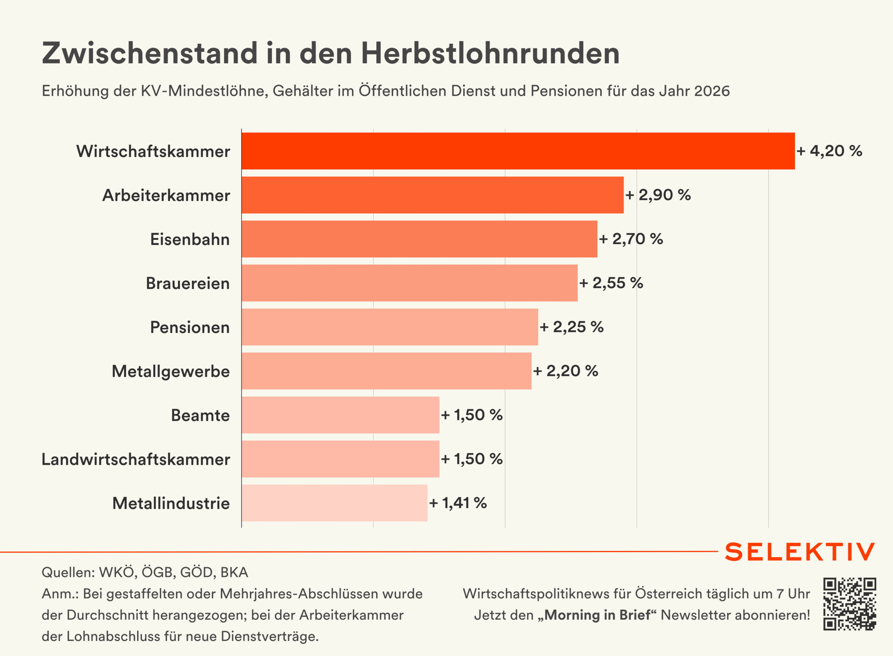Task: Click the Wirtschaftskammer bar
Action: tap(518, 151)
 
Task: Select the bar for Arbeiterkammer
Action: tap(433, 195)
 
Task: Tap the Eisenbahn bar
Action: tap(419, 239)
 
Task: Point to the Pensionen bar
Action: tap(390, 327)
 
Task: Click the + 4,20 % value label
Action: tap(829, 151)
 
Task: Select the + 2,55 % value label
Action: tap(611, 283)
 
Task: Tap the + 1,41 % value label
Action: tap(458, 503)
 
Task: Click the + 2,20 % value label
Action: tap(565, 371)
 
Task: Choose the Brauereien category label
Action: tap(188, 284)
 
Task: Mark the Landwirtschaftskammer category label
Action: tap(136, 459)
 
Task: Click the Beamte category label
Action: tap(200, 415)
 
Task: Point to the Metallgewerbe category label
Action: tap(171, 371)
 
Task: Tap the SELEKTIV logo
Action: tap(800, 552)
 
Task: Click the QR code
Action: tap(849, 604)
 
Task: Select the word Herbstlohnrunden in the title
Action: tap(490, 53)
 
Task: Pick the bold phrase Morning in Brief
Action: tap(597, 615)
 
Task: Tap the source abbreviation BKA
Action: tap(234, 572)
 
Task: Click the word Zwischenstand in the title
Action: tap(150, 53)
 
